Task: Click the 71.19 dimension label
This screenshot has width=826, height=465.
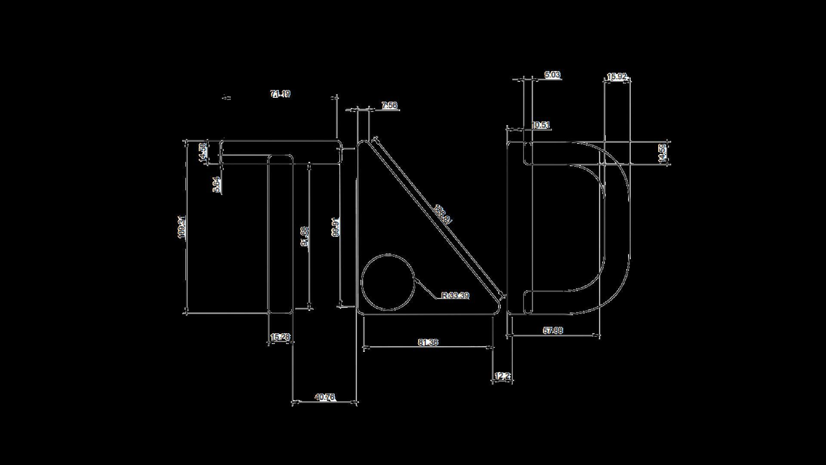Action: pos(280,94)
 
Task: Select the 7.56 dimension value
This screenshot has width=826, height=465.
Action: pos(389,105)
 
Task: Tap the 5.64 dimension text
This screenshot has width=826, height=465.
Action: pos(217,184)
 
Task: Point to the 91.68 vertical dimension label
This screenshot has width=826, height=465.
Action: pos(305,236)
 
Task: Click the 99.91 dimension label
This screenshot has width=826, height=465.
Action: pos(336,227)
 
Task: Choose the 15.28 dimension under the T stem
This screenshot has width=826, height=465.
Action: pos(280,337)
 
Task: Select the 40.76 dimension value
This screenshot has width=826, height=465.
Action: pos(325,397)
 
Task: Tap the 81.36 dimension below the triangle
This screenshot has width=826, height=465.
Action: pos(428,343)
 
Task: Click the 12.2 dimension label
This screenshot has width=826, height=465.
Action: pos(502,376)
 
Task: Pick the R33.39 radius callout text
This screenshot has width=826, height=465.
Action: pos(455,296)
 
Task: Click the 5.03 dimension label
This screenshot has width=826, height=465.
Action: pos(552,75)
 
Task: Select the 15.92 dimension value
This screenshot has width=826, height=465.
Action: pos(616,77)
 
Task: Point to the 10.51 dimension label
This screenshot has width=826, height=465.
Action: pos(541,125)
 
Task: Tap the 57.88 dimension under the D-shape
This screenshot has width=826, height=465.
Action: pos(553,331)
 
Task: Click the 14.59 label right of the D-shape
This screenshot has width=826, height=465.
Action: pos(663,153)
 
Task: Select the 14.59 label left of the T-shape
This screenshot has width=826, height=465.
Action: pos(203,152)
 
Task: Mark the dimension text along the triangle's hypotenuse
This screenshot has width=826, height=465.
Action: pos(443,214)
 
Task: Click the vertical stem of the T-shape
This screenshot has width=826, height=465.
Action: pos(280,237)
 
